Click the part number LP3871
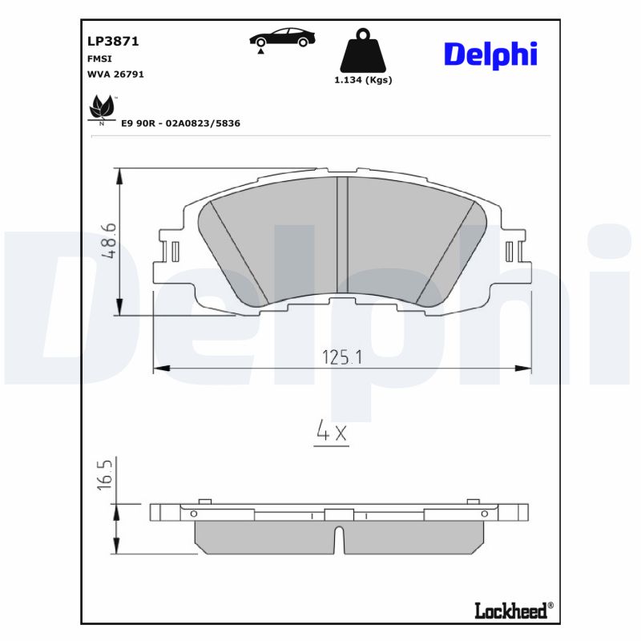point(107,42)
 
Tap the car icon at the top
point(281,38)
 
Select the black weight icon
point(362,52)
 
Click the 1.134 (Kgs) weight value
point(363,80)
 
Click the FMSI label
point(99,58)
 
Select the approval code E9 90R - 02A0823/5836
point(180,123)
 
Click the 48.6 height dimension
point(109,241)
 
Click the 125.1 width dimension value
point(342,357)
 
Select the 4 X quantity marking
point(331,433)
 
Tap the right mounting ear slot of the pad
point(510,252)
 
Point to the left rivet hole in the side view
point(193,513)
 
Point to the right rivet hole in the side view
point(484,513)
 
